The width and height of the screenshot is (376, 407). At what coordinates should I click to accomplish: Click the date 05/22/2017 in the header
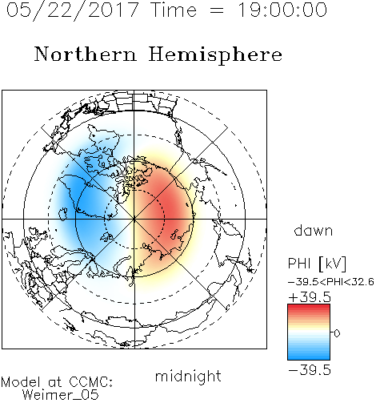click(73, 10)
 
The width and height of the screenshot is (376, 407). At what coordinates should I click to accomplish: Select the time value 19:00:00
click(282, 10)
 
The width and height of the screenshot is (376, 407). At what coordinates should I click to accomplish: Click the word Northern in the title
click(86, 54)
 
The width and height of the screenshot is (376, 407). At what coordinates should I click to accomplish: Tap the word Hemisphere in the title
click(215, 55)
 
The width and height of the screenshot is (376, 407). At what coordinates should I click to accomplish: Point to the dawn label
click(314, 231)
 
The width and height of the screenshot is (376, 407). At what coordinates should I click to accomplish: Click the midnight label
click(188, 377)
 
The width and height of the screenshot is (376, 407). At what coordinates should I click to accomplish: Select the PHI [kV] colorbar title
click(317, 264)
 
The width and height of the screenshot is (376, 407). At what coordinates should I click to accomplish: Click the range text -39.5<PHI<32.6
click(331, 282)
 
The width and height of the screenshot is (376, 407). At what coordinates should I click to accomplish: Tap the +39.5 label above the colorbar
click(310, 297)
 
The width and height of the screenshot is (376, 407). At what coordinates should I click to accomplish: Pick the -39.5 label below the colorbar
click(310, 370)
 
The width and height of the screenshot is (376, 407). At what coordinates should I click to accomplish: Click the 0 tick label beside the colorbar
click(337, 333)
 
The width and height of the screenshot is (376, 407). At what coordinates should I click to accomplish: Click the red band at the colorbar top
click(309, 307)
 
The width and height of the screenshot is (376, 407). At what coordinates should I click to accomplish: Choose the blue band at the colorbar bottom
click(309, 357)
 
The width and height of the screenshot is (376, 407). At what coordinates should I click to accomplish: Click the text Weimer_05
click(61, 395)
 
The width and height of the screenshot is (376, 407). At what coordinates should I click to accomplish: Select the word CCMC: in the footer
click(91, 382)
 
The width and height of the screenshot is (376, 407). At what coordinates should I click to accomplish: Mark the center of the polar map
click(134, 219)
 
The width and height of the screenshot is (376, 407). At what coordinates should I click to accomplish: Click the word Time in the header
click(174, 10)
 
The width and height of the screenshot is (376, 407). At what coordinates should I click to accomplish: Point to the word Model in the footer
click(21, 382)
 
